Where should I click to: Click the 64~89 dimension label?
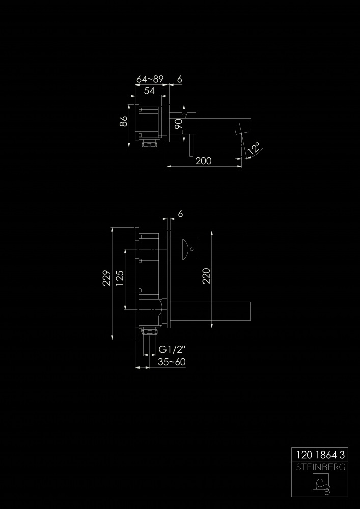point(150,79)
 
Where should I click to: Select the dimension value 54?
point(149,91)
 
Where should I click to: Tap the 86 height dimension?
point(123,122)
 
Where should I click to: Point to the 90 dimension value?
point(178,124)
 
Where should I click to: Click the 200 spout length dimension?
point(204,161)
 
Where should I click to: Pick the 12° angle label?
point(254,148)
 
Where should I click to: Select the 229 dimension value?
point(106,278)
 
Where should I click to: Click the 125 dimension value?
point(119,278)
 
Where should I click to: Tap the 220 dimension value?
point(206,276)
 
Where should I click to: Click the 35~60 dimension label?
point(172,362)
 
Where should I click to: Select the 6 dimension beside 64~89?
point(180,79)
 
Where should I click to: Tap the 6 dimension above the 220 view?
point(180,214)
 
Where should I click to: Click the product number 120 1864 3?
point(320,455)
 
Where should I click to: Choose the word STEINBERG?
point(320,468)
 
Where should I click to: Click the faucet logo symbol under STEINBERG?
point(321,485)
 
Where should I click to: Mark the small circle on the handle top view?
point(191,249)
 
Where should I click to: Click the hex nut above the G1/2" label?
point(149,332)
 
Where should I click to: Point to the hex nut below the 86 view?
point(149,144)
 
